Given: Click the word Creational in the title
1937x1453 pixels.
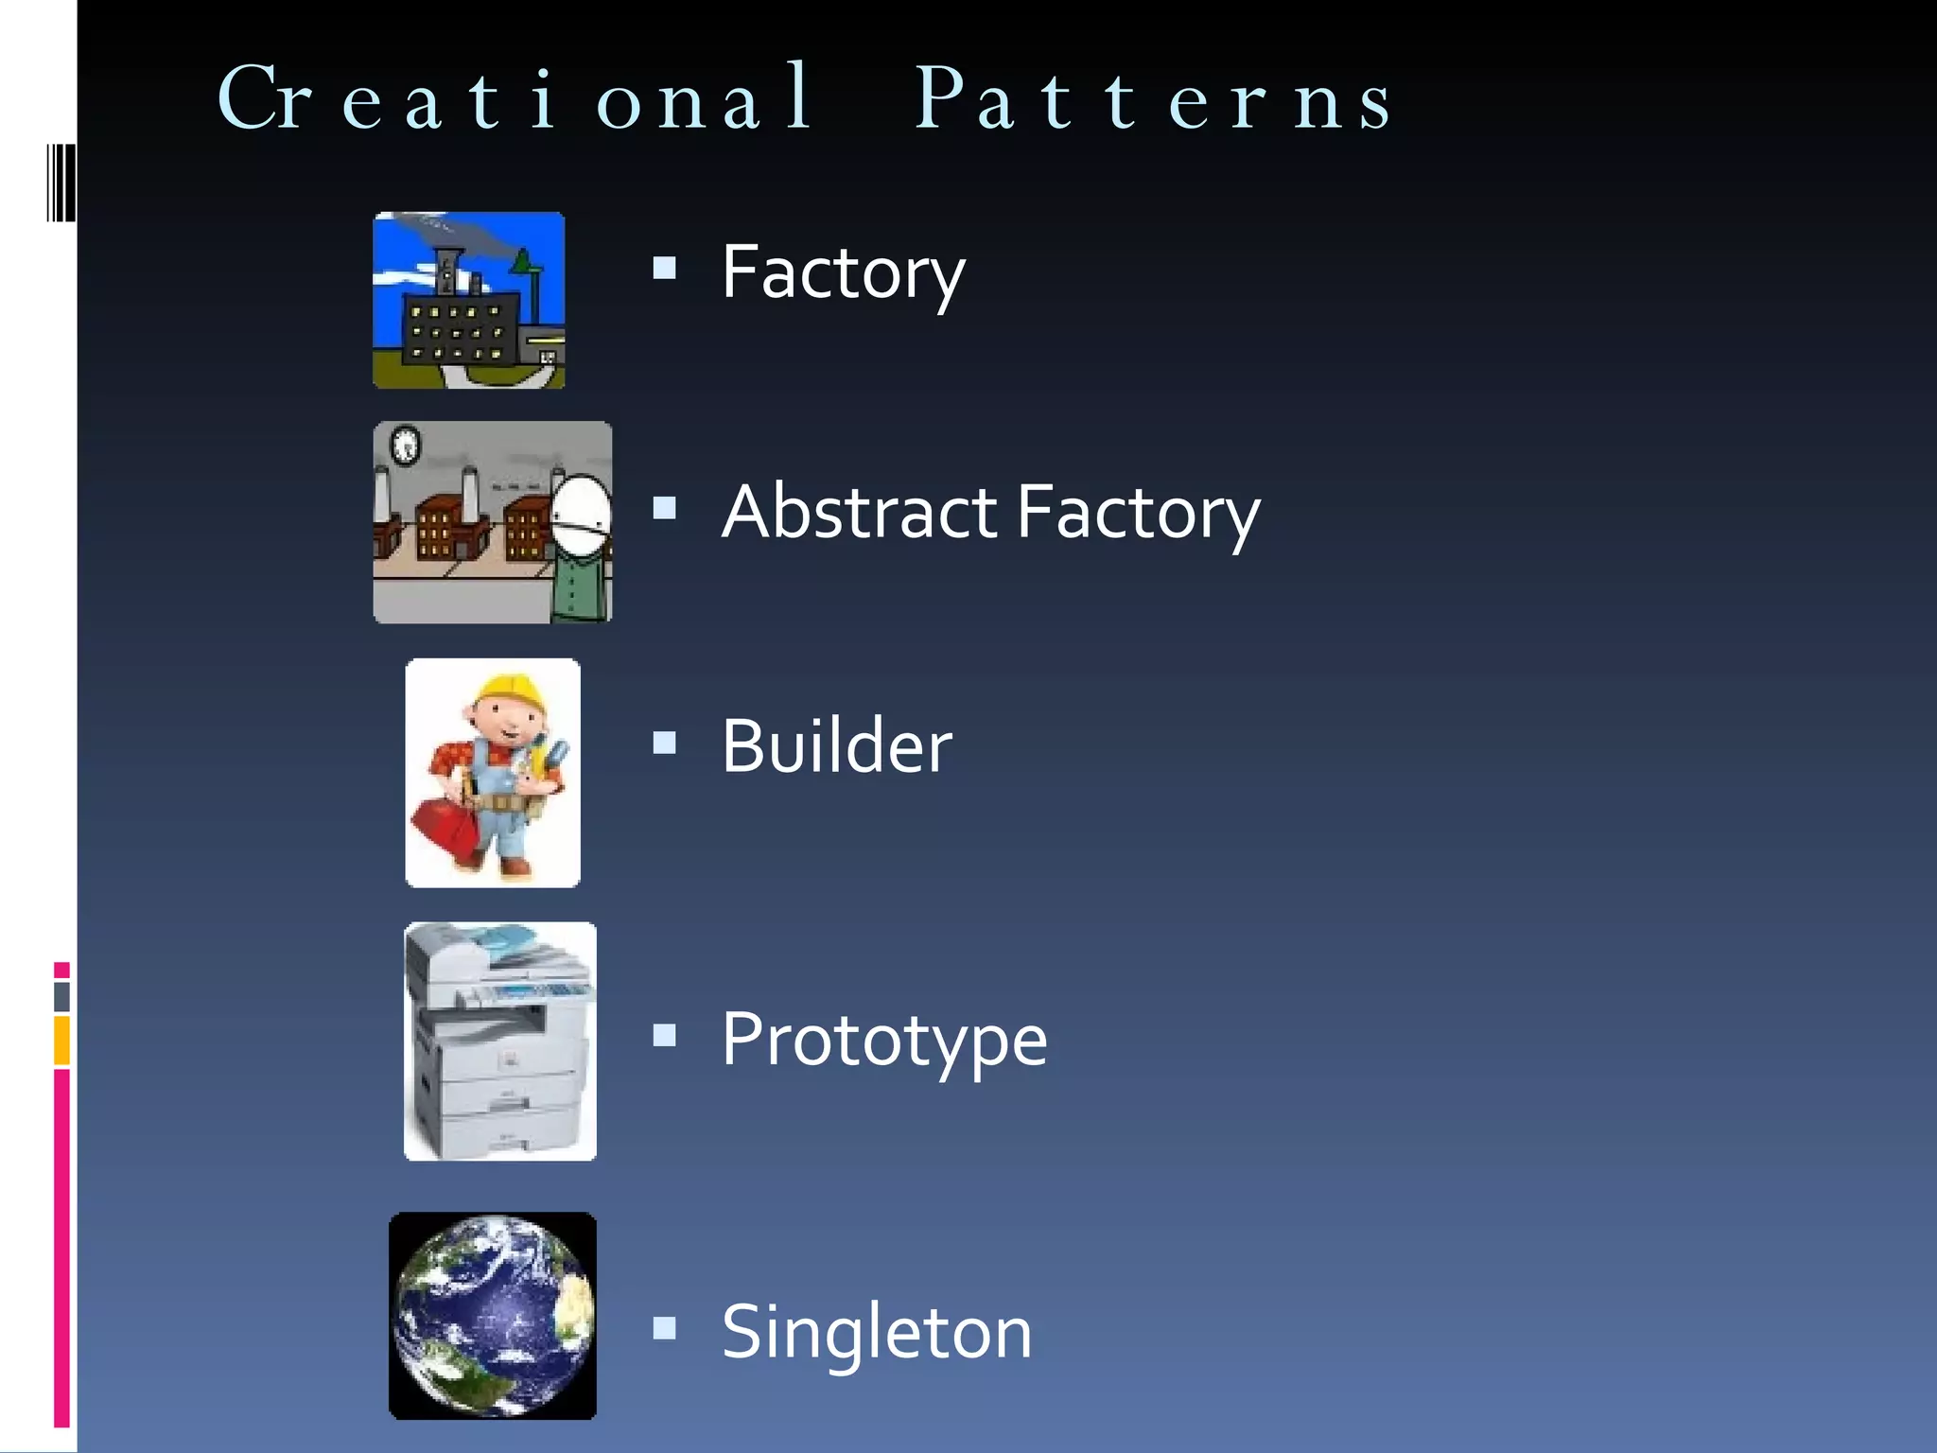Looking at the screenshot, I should [515, 99].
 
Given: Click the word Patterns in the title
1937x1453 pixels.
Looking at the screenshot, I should [1154, 99].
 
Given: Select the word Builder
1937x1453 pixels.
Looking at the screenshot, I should [837, 746].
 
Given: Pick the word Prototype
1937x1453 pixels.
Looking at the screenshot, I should [884, 1040].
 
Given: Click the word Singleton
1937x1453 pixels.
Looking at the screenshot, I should [877, 1332].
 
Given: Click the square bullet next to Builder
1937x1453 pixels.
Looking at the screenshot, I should [665, 744].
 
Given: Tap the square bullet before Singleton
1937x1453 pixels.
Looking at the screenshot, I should [665, 1329].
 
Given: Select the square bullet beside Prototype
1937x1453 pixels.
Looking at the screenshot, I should [665, 1037].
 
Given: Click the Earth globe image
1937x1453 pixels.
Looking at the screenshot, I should [493, 1316].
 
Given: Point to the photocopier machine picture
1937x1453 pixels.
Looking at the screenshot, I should [500, 1042].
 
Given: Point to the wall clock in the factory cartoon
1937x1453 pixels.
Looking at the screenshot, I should [406, 445].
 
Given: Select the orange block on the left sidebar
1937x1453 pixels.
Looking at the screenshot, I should [61, 1040].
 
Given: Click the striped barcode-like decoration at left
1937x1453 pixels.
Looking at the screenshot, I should [61, 182].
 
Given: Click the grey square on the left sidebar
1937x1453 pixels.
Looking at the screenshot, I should [61, 996].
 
